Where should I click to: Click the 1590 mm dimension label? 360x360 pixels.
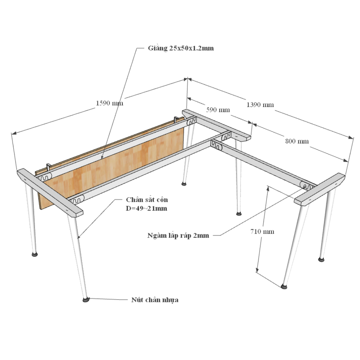coord(109,103)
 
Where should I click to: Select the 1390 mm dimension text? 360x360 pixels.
coord(260,105)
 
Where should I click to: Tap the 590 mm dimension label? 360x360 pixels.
coord(218,110)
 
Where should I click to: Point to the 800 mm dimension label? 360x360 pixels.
coord(297,141)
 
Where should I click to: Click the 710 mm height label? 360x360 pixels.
coord(262,231)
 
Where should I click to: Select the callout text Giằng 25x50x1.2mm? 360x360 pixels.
coord(181,48)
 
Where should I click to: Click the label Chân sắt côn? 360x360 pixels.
coord(147,199)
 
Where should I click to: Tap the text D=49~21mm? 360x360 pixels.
coord(147,208)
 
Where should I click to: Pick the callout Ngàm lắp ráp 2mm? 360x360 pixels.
coord(178,235)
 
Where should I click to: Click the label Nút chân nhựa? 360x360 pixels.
coord(155,300)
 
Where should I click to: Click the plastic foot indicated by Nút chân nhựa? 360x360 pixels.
coord(86,300)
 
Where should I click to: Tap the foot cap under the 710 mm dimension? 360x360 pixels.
coord(284,286)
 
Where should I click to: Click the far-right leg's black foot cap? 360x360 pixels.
coord(321,260)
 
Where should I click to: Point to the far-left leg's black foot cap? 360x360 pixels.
coord(35,255)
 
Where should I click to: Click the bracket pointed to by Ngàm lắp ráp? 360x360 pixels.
coord(306,185)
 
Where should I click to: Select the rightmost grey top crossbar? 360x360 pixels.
coord(320,189)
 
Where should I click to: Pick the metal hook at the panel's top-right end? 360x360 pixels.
coord(176,119)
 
